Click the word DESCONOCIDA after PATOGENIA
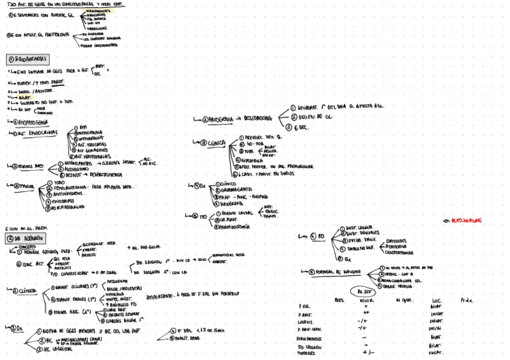pyautogui.click(x=259, y=118)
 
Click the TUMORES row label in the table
pyautogui.click(x=308, y=353)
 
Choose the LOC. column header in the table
pyautogui.click(x=437, y=300)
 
